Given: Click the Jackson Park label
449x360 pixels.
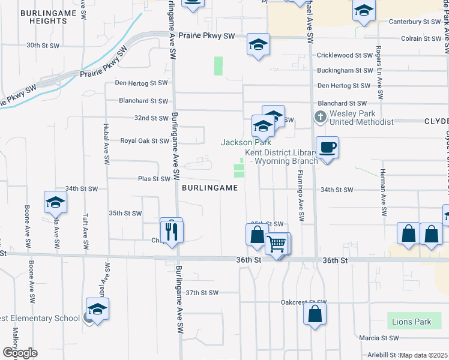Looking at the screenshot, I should point(246,142).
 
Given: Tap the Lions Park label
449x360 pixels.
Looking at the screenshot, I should point(411,322).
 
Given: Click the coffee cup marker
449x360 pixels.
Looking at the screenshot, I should point(327,148).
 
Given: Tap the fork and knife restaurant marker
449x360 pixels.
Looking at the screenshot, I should point(172,230).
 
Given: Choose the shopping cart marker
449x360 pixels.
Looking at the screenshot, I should point(276,244).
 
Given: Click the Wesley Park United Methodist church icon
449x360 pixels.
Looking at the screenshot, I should point(320,116).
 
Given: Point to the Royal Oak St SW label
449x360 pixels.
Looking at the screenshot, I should point(145,141).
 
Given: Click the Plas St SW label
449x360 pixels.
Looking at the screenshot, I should point(154,179).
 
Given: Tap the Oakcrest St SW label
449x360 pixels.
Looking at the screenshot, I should point(303,302).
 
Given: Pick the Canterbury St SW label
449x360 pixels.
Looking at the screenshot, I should point(415,21).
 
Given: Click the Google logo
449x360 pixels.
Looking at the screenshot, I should point(20,352).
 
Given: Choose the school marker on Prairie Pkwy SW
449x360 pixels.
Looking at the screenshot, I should point(258,45).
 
